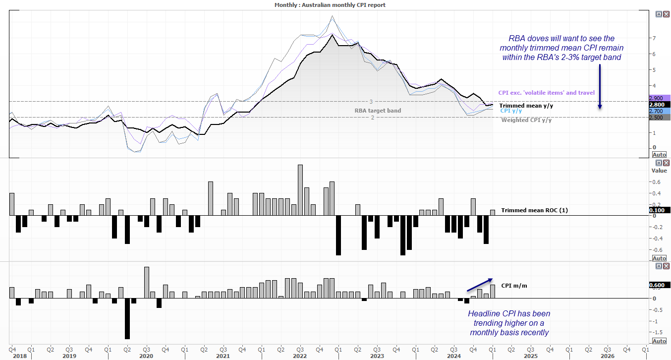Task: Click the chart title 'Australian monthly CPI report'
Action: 330,5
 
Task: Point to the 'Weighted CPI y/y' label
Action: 526,120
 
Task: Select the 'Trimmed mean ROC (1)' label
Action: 534,210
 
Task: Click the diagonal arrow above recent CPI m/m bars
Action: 480,284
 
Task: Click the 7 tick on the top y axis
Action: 655,38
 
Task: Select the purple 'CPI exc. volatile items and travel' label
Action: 546,93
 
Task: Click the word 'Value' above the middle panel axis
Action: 659,171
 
